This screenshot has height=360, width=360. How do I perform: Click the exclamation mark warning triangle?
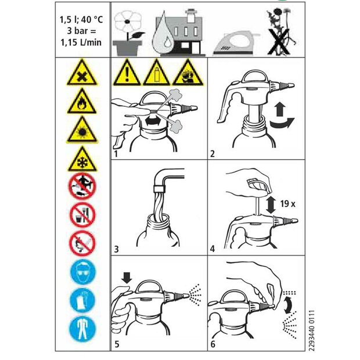(x=127, y=73)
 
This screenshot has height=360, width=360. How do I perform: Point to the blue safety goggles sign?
(x=82, y=272)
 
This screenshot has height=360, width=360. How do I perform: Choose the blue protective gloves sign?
(x=82, y=300)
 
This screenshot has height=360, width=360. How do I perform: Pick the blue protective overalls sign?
(x=82, y=329)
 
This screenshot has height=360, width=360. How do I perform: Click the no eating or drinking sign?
(x=82, y=215)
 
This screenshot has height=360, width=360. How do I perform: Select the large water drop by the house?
(x=164, y=34)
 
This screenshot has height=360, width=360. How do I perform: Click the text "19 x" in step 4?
(x=287, y=203)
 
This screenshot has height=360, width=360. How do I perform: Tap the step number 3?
(x=116, y=249)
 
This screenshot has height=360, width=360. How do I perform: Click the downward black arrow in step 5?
(x=127, y=278)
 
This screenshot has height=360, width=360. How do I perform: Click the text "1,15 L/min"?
(x=81, y=42)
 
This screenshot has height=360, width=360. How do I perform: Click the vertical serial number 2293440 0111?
(x=311, y=330)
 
